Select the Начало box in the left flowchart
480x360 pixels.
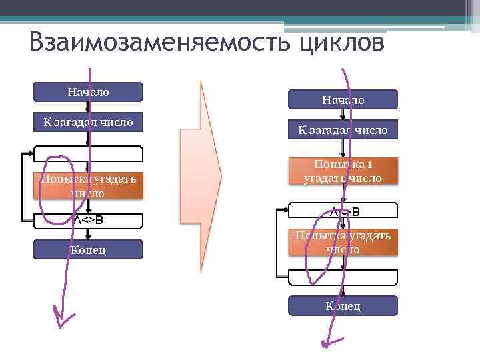click(x=88, y=92)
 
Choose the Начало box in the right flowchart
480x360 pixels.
click(x=343, y=100)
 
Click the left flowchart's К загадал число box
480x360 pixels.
click(x=88, y=121)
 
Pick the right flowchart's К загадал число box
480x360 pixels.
click(x=343, y=130)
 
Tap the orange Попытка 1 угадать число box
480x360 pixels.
click(x=343, y=171)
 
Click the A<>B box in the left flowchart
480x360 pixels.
click(x=88, y=220)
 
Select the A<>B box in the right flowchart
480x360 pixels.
click(x=343, y=212)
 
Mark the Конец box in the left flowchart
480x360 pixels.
click(x=88, y=249)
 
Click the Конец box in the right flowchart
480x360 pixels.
click(x=343, y=306)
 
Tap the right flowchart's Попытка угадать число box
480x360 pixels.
click(x=343, y=243)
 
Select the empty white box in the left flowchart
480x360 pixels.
click(x=88, y=153)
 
